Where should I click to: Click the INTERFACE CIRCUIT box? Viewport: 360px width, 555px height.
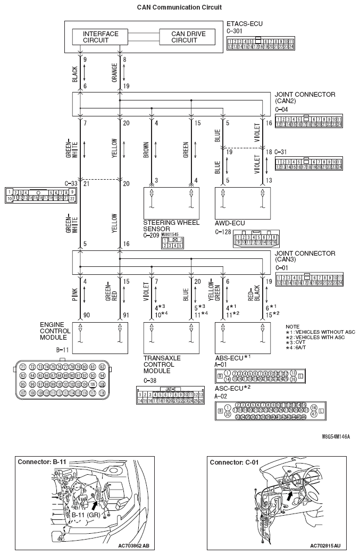point(101,37)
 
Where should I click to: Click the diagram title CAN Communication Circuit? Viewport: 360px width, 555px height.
point(179,7)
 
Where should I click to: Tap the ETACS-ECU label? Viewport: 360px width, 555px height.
point(244,24)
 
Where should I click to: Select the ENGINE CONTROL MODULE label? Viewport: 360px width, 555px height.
point(54,331)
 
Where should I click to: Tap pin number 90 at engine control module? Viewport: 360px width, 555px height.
point(86,315)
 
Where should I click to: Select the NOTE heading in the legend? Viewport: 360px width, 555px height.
point(292,326)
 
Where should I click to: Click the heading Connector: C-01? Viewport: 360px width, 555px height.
point(235,462)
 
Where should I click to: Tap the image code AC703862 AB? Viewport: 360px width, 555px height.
point(133,545)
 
